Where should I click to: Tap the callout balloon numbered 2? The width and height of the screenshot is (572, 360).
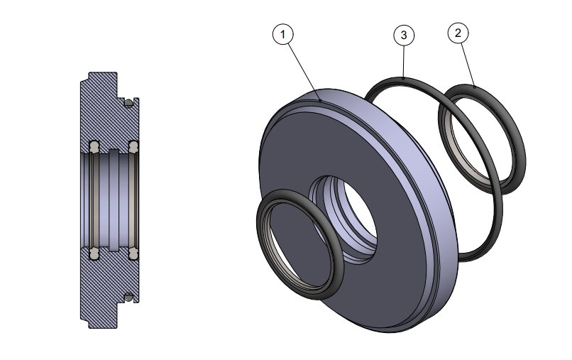click(x=458, y=33)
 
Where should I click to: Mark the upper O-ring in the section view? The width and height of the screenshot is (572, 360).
click(x=128, y=104)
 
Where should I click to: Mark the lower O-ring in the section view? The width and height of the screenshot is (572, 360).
click(x=128, y=296)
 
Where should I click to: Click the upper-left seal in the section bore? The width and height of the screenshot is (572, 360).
click(x=93, y=148)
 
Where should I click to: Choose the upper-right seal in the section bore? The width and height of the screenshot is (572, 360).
click(x=133, y=148)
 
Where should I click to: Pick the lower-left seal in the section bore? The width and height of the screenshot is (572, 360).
click(x=93, y=251)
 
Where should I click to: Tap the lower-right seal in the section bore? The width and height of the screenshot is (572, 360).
click(x=133, y=251)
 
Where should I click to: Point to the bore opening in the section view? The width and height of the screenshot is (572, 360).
click(x=112, y=200)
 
